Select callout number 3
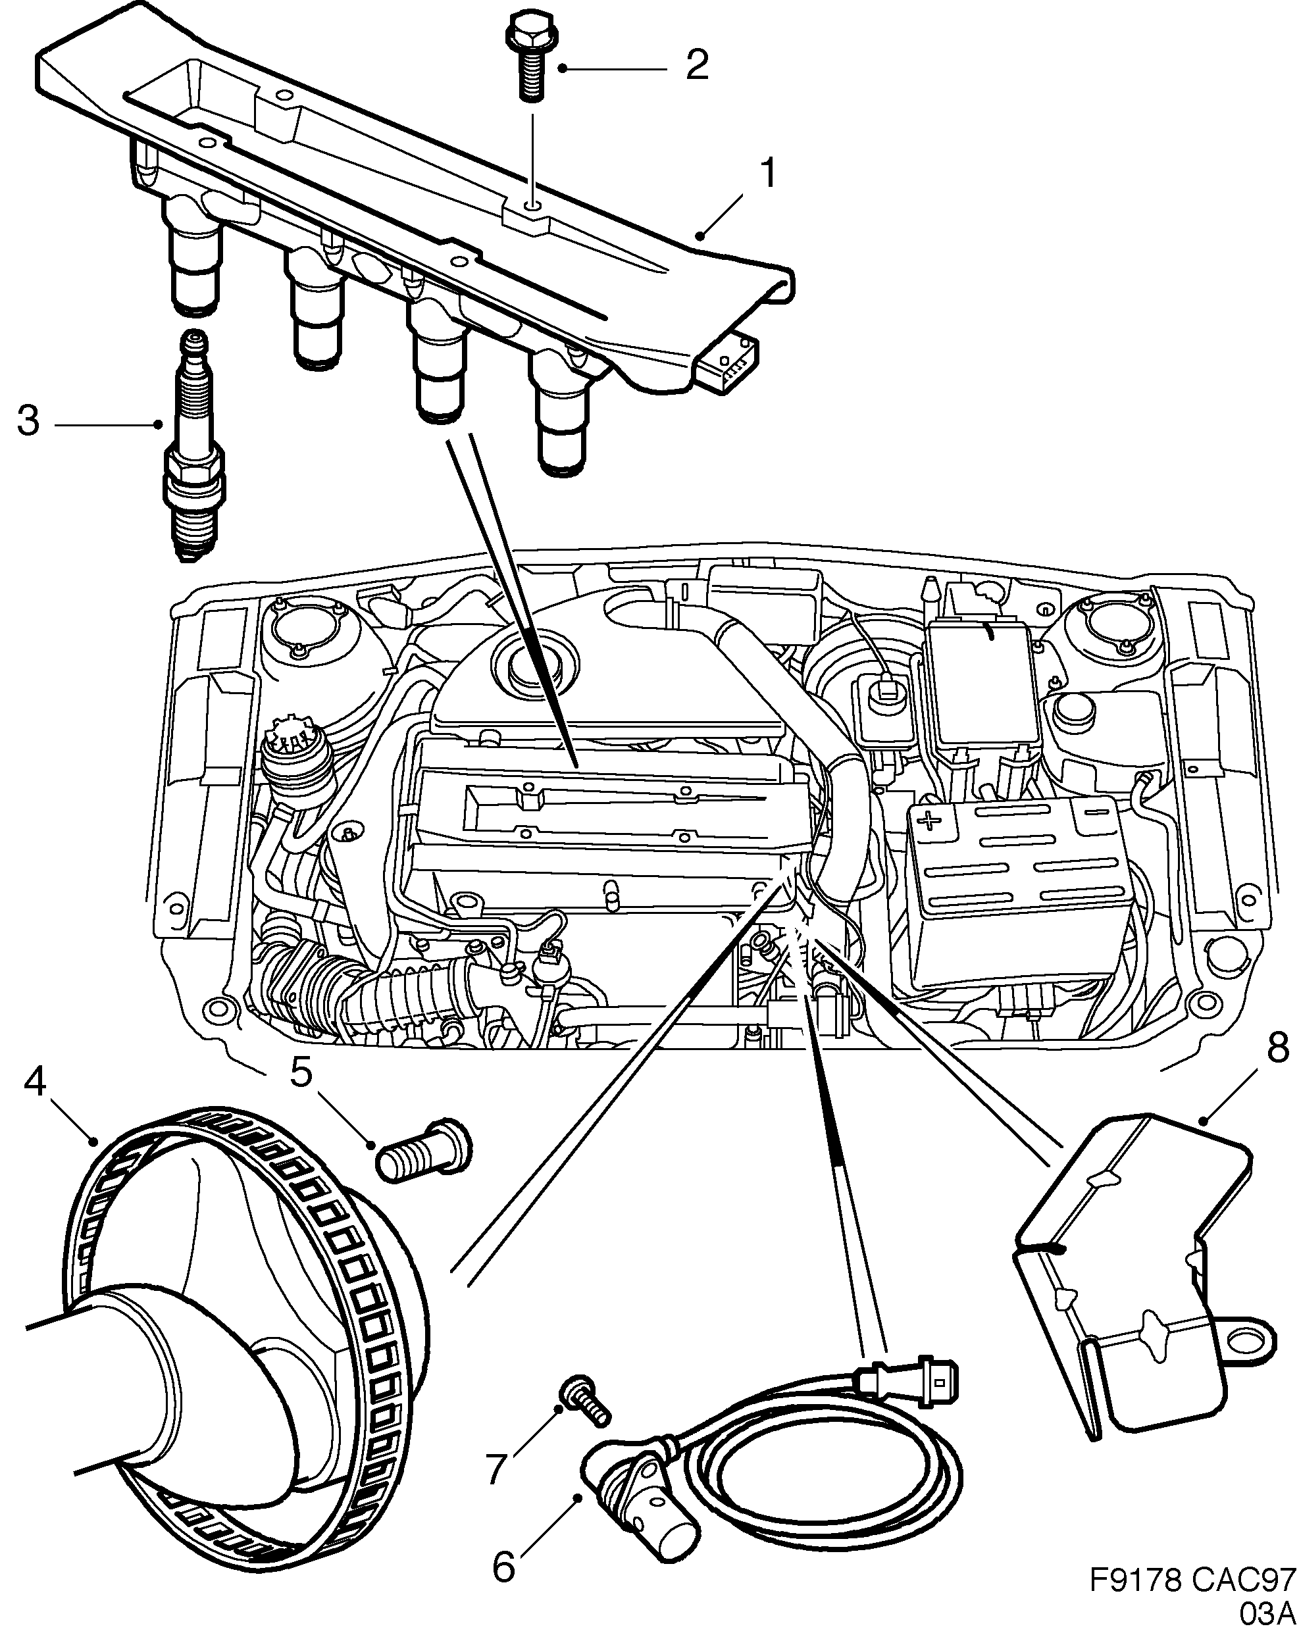pos(28,420)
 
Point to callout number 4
pos(35,1081)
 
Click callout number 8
pos(1277,1049)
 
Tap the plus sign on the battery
pos(928,820)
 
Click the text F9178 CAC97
pos(1192,1580)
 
